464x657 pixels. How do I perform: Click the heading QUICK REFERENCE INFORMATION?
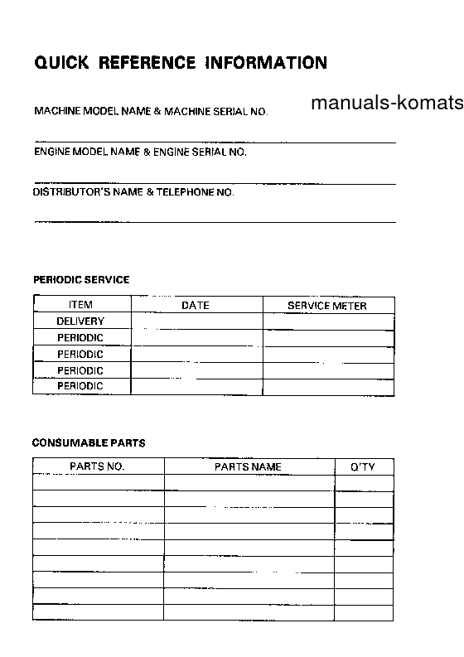click(x=181, y=63)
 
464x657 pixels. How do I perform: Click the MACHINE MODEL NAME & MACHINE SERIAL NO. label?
click(x=151, y=111)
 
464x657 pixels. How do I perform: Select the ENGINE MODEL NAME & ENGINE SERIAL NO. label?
click(x=140, y=152)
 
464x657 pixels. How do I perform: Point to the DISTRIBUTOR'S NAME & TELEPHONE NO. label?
click(x=133, y=192)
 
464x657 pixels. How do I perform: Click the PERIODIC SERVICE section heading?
click(x=81, y=280)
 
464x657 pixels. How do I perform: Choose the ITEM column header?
click(x=80, y=305)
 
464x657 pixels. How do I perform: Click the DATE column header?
click(x=196, y=306)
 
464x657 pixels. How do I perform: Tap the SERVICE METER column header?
click(x=327, y=306)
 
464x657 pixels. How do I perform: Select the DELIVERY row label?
click(x=80, y=321)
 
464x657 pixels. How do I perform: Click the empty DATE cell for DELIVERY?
click(x=196, y=321)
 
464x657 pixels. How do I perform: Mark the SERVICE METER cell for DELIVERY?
click(x=328, y=321)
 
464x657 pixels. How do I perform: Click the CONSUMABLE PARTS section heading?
click(x=89, y=443)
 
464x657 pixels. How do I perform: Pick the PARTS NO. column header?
click(x=98, y=467)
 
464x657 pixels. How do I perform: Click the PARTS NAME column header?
click(x=249, y=467)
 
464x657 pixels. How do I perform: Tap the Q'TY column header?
click(x=363, y=467)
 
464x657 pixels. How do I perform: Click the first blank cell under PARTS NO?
click(x=98, y=483)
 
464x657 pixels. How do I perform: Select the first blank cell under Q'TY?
click(x=363, y=483)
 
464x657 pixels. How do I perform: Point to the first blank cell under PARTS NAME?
click(x=249, y=483)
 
